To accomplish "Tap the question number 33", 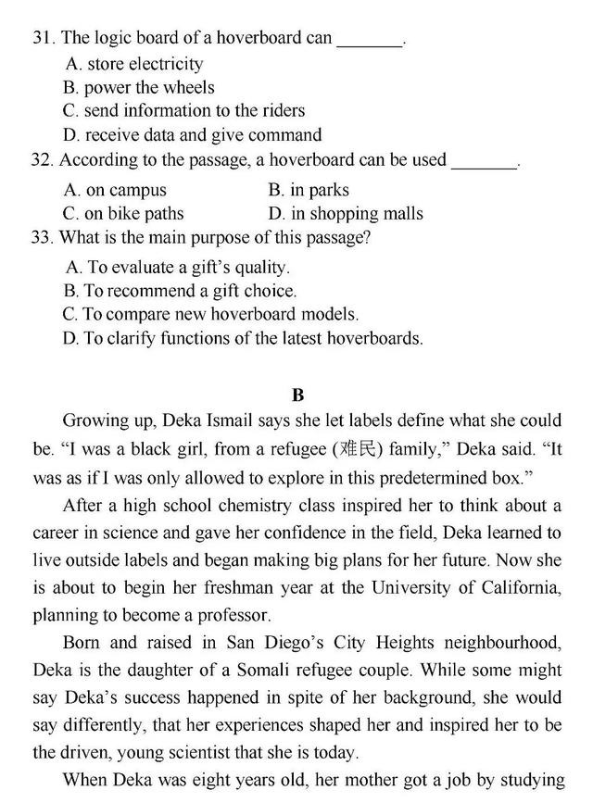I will pos(42,237).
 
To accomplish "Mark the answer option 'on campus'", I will pos(115,190).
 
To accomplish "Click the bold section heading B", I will pos(297,395).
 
